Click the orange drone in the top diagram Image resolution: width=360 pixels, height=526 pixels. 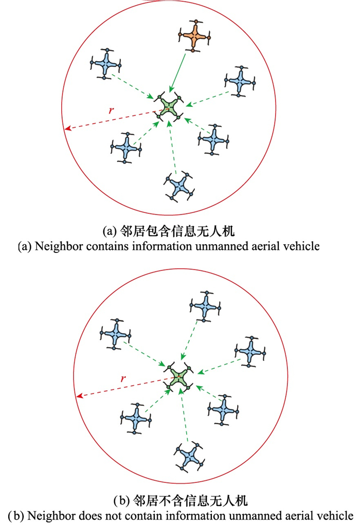coord(194,36)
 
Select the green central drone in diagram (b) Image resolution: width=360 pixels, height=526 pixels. coord(178,377)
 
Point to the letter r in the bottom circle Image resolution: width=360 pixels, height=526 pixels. coord(123,379)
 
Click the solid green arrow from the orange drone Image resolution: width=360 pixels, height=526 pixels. coord(177,73)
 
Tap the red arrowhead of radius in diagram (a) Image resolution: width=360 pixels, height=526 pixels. coord(68,128)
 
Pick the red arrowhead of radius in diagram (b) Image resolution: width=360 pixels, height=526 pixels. coord(80,396)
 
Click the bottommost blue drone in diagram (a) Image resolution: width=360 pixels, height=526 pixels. coord(179,187)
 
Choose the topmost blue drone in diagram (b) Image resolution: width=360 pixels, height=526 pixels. coord(205,306)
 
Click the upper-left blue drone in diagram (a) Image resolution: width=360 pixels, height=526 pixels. coord(105,63)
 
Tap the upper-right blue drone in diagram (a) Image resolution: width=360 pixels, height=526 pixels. coord(240,81)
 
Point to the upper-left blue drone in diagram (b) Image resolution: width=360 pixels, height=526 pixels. coord(115,334)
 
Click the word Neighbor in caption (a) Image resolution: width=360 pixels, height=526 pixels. coord(59,246)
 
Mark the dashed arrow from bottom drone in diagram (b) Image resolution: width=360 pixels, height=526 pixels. coord(184,415)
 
